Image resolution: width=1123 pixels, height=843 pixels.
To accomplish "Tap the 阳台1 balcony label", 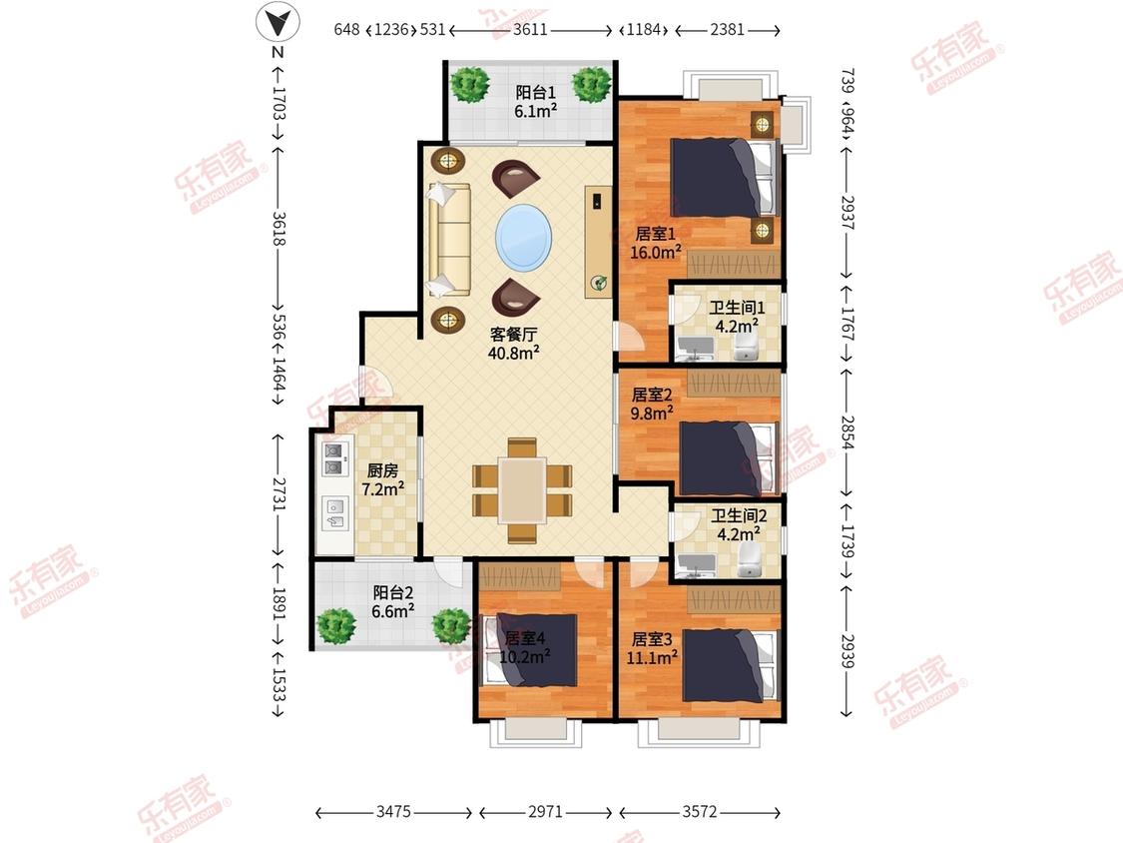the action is tap(536, 93).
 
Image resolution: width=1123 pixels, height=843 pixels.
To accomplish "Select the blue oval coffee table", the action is tap(524, 238).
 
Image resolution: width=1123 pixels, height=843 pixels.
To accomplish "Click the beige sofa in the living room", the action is tap(448, 240).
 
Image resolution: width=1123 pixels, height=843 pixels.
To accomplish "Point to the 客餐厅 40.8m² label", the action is tap(513, 344).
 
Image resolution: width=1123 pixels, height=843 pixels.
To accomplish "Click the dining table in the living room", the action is tap(522, 490).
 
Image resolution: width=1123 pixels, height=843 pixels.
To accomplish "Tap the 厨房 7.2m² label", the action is tap(382, 479).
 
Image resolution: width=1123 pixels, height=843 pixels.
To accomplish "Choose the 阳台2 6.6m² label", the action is tap(392, 601).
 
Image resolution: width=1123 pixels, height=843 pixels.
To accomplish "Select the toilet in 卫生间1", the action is tap(747, 348).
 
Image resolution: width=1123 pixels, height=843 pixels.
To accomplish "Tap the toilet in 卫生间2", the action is tap(750, 558).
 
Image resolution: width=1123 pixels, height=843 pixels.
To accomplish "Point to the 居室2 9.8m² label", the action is tap(652, 404).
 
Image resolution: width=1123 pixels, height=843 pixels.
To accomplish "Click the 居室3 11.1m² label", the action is tap(652, 648).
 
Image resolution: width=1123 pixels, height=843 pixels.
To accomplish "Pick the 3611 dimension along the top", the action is tap(531, 30).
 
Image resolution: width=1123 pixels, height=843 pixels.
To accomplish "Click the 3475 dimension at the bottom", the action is tap(394, 811).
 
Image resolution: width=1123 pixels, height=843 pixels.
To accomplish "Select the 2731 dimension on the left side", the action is tap(279, 494).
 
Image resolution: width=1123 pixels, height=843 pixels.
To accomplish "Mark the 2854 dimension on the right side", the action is tap(847, 432).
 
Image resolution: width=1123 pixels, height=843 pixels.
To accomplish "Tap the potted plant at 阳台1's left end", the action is tap(470, 84).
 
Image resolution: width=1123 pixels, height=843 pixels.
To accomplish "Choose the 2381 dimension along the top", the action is tap(728, 30).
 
